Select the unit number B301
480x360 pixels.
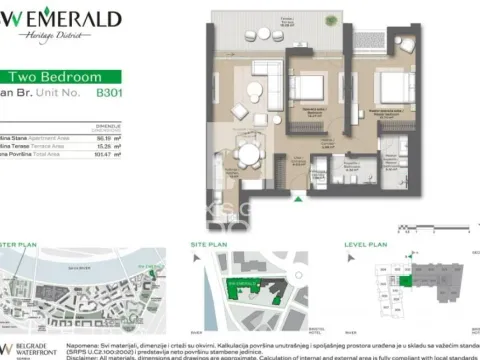pos(109,91)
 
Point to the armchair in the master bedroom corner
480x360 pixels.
pos(403,45)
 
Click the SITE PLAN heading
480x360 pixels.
pos(210,243)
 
